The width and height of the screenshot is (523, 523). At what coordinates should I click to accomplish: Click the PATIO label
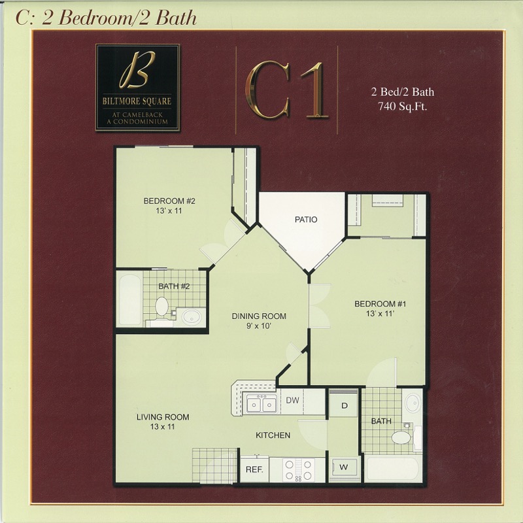(306, 220)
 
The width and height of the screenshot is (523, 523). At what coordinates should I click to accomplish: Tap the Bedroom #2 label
(169, 206)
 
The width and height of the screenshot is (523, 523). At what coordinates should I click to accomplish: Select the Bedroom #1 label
(380, 309)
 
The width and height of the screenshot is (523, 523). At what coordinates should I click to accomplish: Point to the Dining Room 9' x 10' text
(259, 321)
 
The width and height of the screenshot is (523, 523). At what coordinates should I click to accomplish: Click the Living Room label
(163, 422)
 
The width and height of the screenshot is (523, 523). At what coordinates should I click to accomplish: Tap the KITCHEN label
(273, 435)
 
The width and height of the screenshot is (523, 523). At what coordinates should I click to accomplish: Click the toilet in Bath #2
(161, 306)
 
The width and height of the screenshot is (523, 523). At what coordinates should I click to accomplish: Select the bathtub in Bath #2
(130, 299)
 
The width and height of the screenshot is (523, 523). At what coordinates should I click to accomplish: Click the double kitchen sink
(261, 404)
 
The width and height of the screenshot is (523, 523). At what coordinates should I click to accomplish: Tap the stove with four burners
(298, 470)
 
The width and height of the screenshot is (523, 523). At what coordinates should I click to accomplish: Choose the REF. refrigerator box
(254, 469)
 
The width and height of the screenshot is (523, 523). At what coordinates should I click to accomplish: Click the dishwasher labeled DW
(292, 400)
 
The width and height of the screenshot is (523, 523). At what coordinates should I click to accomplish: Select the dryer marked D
(345, 405)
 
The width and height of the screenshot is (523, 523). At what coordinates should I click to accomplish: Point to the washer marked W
(344, 467)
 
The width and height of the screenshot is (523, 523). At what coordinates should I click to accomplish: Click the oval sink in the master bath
(413, 403)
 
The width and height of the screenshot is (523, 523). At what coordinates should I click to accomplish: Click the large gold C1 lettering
(286, 90)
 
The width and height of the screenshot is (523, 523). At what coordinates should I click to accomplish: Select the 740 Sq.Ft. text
(402, 107)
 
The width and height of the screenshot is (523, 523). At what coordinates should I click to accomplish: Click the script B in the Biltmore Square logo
(137, 70)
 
